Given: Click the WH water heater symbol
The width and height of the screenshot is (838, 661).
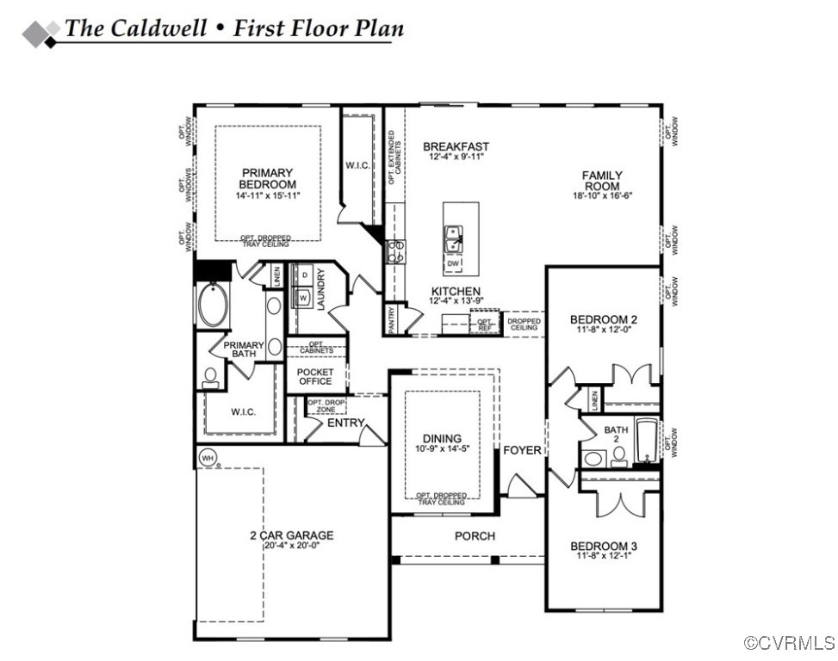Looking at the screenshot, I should coord(207,458).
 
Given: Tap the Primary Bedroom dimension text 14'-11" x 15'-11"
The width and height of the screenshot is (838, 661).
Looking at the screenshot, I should coord(267,196).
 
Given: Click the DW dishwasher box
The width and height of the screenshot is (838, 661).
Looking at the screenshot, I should coord(454,263).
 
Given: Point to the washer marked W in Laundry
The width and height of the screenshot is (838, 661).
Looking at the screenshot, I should coord(305,297).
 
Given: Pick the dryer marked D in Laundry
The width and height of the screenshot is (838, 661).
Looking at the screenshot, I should coord(305,275).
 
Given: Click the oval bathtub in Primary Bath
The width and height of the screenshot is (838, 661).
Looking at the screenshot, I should coord(212,306).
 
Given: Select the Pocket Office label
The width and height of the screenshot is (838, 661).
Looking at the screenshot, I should coord(315,376).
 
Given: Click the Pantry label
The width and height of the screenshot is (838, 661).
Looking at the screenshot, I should coord(392,318).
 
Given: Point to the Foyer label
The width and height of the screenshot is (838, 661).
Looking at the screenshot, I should coord(522,450).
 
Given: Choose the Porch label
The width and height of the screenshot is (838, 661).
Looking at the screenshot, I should coord(475,536).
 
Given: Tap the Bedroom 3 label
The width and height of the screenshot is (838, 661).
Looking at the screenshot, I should coord(604,546).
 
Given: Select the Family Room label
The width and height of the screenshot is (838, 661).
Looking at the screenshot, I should coord(603,181).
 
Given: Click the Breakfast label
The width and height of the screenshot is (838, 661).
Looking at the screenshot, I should coord(456,147).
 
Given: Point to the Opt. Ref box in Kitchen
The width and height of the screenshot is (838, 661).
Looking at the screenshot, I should coord(484,324).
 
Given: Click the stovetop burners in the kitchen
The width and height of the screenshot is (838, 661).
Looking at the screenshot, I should coord(397,250).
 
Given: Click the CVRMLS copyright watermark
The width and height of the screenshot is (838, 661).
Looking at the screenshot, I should coord(789,643).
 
